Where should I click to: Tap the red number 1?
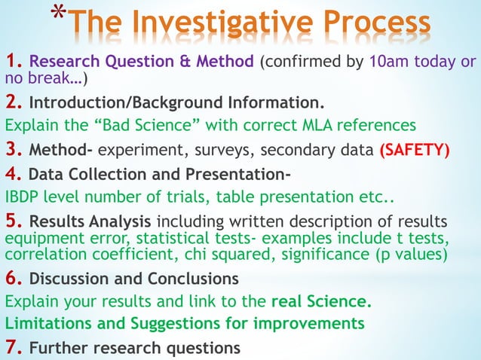click(12, 61)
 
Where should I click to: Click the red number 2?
click(14, 101)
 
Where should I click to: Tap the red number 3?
click(14, 149)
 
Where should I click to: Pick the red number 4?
click(14, 175)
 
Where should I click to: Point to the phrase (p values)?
click(412, 255)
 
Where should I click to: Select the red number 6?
click(14, 278)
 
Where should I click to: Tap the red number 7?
click(14, 348)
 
